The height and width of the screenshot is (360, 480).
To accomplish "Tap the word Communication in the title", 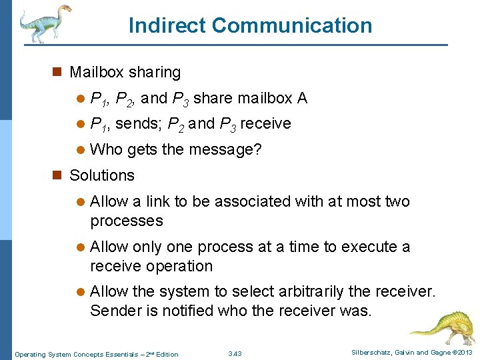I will (292, 25).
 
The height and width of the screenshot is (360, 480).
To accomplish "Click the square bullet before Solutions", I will (58, 176).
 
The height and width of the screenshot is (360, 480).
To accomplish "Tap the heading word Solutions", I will (102, 175).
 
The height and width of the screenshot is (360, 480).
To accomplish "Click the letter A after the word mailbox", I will (302, 99).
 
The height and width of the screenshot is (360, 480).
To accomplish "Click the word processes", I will (126, 221).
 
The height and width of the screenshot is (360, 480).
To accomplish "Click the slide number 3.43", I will (234, 353).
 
